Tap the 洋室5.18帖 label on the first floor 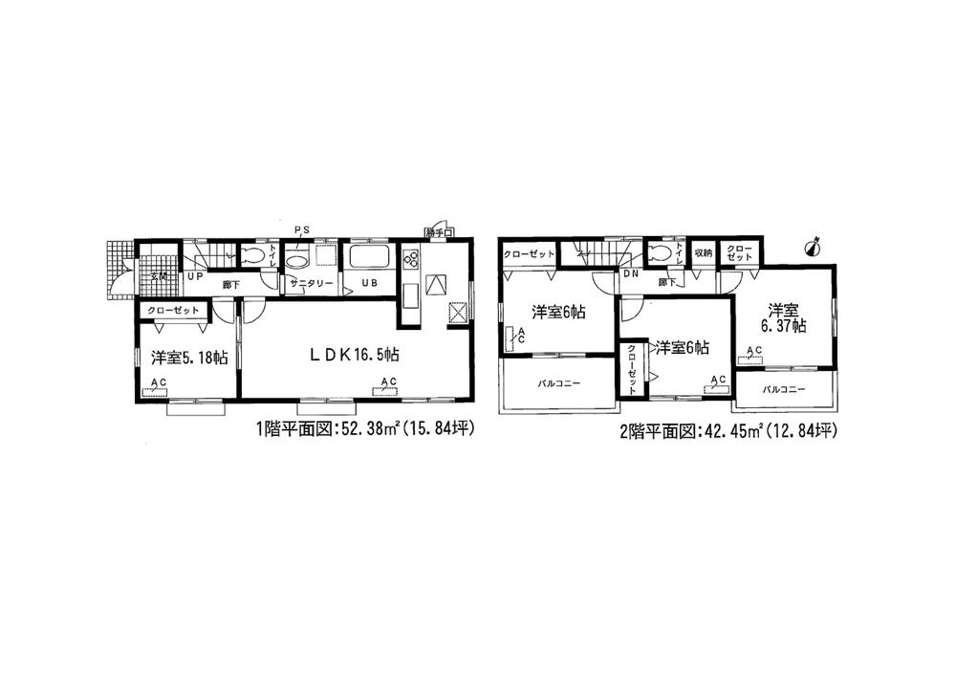188,358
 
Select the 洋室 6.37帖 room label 786,317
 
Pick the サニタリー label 306,282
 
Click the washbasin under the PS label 296,259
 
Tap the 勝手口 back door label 440,231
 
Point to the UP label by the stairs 193,275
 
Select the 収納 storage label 703,252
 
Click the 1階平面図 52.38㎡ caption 364,429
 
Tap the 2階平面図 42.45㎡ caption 728,430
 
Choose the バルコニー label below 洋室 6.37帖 784,390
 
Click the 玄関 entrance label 160,276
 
